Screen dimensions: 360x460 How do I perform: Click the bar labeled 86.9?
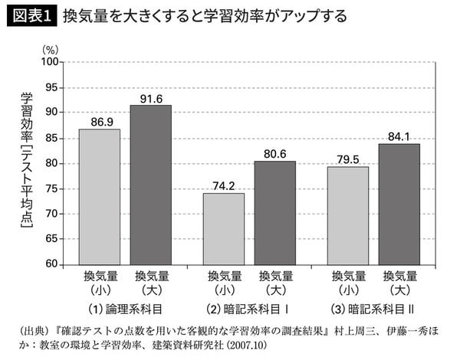click(100, 197)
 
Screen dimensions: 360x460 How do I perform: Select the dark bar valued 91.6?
click(150, 185)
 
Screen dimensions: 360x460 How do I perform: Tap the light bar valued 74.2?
click(224, 229)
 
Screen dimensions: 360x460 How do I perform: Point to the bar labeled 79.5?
click(348, 215)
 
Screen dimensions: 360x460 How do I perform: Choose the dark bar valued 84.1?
click(399, 204)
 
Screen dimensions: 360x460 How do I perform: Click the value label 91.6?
click(152, 98)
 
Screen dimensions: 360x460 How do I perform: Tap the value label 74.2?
click(225, 186)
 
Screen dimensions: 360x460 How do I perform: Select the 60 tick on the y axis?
click(51, 264)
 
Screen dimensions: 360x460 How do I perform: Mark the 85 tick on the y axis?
click(51, 138)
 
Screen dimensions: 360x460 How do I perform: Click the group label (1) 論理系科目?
click(126, 310)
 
